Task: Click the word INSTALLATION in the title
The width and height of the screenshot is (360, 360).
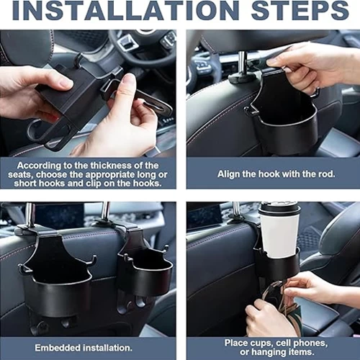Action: (x=125, y=11)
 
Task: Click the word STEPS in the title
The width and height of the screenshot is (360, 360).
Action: (x=300, y=11)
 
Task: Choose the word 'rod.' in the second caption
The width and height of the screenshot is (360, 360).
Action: (x=326, y=174)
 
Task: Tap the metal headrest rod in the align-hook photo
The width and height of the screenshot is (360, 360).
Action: (x=244, y=63)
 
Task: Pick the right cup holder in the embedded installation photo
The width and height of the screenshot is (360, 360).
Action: (x=144, y=272)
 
